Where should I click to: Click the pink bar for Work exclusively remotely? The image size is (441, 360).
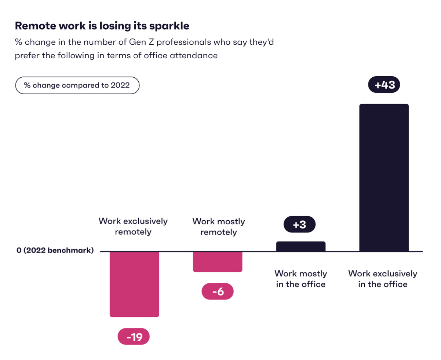134,284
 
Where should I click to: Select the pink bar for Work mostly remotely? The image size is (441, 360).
218,261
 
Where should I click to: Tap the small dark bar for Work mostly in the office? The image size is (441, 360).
300,246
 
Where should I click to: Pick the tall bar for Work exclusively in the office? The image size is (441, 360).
384,177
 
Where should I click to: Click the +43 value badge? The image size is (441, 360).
384,85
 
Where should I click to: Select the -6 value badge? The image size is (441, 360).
218,292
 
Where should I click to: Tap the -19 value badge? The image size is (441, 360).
134,337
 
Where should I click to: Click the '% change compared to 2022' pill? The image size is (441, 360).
77,85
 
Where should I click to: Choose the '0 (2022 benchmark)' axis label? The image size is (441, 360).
55,251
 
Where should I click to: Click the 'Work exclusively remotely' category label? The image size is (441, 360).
133,227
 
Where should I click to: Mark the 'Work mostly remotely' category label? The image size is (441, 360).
219,227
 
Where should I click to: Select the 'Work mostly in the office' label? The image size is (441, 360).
301,279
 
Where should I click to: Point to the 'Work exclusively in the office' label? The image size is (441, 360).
383,279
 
